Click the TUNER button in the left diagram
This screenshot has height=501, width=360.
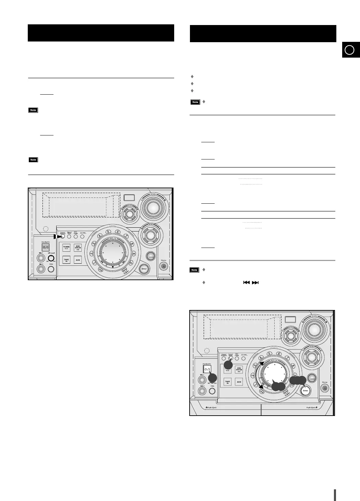66,248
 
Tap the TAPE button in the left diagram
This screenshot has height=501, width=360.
66,260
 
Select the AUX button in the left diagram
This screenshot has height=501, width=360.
78,260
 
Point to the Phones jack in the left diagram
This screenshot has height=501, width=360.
164,266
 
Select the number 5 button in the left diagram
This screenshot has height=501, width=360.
108,231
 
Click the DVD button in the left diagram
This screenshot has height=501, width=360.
78,248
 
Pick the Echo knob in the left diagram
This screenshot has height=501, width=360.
51,269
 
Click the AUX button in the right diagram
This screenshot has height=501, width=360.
239,382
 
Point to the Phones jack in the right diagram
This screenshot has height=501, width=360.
324,388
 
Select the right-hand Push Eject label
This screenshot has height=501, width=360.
312,408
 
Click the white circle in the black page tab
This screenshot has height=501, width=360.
349,50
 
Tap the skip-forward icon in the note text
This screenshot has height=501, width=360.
255,283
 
